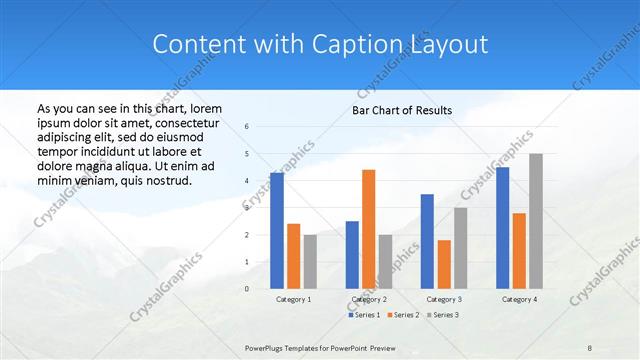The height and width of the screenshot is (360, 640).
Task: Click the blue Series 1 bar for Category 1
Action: pyautogui.click(x=277, y=231)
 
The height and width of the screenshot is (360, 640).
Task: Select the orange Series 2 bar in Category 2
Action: pyautogui.click(x=368, y=229)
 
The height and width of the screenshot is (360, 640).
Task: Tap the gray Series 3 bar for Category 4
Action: pyautogui.click(x=536, y=221)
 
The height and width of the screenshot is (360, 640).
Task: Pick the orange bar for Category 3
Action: pyautogui.click(x=444, y=264)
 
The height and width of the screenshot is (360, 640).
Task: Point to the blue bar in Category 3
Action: pyautogui.click(x=427, y=241)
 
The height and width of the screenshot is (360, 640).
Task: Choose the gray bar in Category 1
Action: pyautogui.click(x=310, y=262)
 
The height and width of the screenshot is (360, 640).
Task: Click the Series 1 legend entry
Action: pyautogui.click(x=363, y=315)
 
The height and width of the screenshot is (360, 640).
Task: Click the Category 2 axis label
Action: pyautogui.click(x=369, y=299)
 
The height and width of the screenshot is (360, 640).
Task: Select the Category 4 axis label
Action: pyautogui.click(x=519, y=299)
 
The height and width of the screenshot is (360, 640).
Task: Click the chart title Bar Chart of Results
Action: pyautogui.click(x=402, y=110)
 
